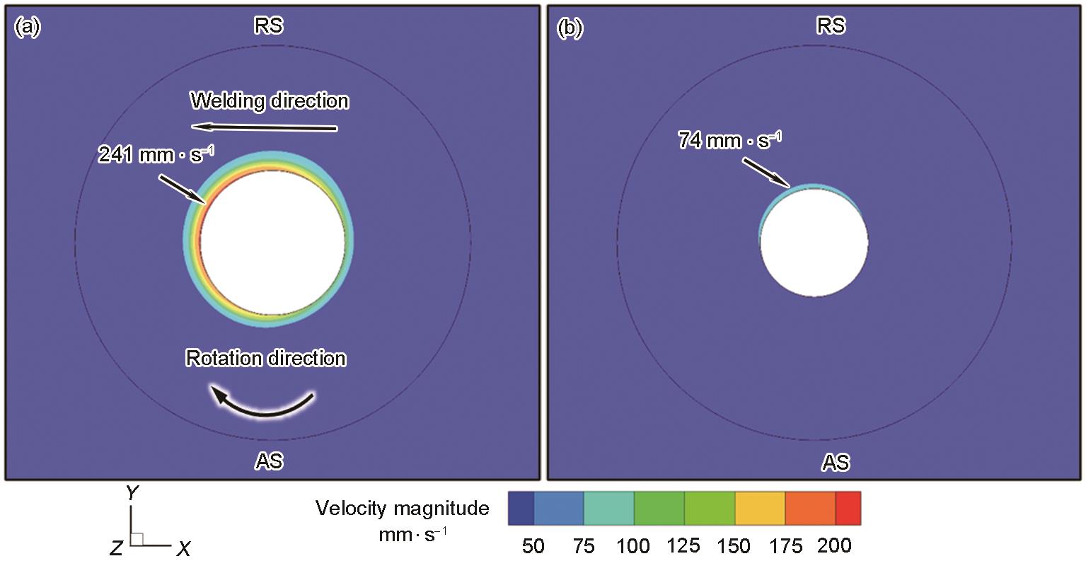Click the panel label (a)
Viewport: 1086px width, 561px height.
(x=27, y=28)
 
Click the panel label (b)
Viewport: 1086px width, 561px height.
(x=570, y=28)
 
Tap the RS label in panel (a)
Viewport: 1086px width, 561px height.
(x=269, y=26)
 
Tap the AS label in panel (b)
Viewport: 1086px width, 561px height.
(x=835, y=463)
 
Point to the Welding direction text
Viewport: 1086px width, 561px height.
(x=270, y=101)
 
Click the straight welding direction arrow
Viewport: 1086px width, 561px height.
(x=265, y=127)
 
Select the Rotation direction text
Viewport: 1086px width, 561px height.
(x=266, y=359)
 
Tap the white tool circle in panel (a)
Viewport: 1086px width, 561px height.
(x=272, y=241)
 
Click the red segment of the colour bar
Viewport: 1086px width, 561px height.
(x=848, y=508)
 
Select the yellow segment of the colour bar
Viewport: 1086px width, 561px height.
(x=760, y=508)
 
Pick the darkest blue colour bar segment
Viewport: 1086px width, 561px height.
(x=521, y=508)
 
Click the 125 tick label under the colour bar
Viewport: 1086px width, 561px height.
(x=683, y=546)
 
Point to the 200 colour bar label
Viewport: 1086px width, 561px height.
(x=835, y=546)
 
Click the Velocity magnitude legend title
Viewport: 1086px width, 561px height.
(x=402, y=509)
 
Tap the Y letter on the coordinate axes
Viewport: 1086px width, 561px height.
(x=131, y=494)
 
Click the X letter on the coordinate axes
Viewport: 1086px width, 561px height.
(x=183, y=548)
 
